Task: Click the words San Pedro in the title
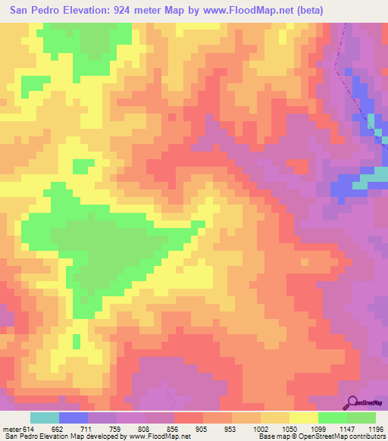[35, 11]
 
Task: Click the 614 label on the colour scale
[30, 428]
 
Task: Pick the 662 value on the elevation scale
[59, 428]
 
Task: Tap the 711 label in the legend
[88, 428]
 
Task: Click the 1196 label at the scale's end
[374, 428]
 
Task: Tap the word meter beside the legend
[11, 428]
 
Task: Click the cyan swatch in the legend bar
[45, 418]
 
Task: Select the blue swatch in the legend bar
[74, 418]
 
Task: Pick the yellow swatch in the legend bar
[304, 418]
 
